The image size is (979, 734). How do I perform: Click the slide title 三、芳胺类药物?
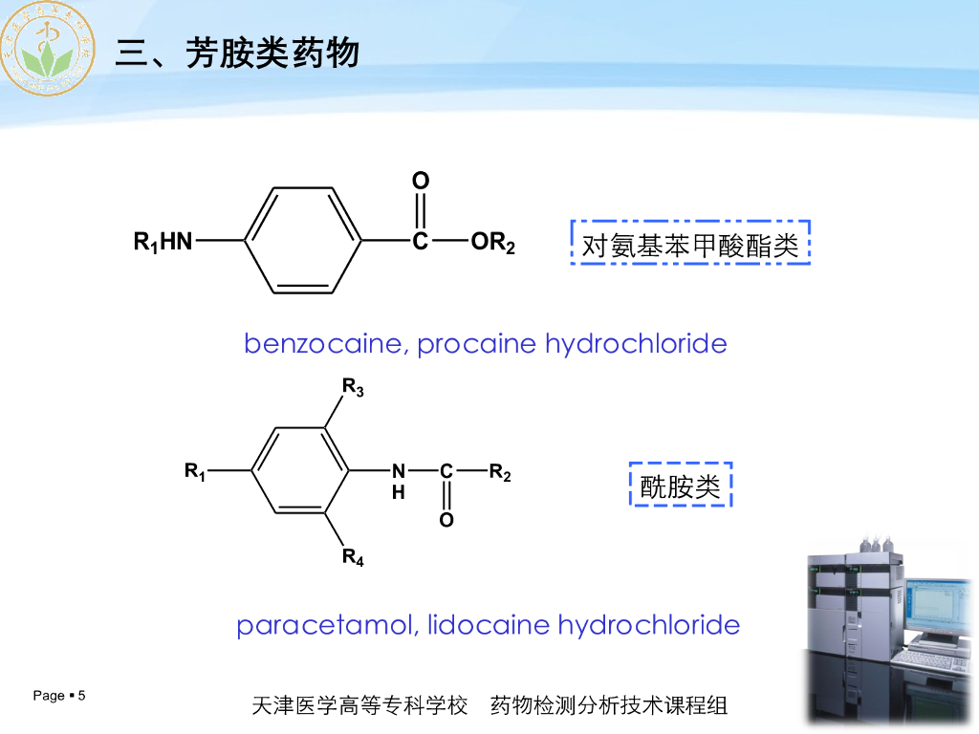click(x=237, y=53)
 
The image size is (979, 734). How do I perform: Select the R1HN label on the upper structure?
click(x=163, y=243)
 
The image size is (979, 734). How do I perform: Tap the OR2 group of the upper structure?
click(x=493, y=244)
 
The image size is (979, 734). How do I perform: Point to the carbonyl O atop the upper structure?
click(x=421, y=181)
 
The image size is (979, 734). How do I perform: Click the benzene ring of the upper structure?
click(x=304, y=241)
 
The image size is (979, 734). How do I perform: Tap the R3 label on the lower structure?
click(x=353, y=388)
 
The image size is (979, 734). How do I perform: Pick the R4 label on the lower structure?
click(x=353, y=557)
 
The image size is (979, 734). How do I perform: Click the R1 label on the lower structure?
click(x=195, y=471)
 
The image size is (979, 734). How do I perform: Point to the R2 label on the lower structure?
click(x=500, y=471)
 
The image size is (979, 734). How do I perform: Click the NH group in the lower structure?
click(x=399, y=480)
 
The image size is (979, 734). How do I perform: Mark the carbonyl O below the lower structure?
click(x=446, y=521)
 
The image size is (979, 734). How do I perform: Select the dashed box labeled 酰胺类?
click(x=680, y=486)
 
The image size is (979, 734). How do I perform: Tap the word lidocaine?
click(x=488, y=626)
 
